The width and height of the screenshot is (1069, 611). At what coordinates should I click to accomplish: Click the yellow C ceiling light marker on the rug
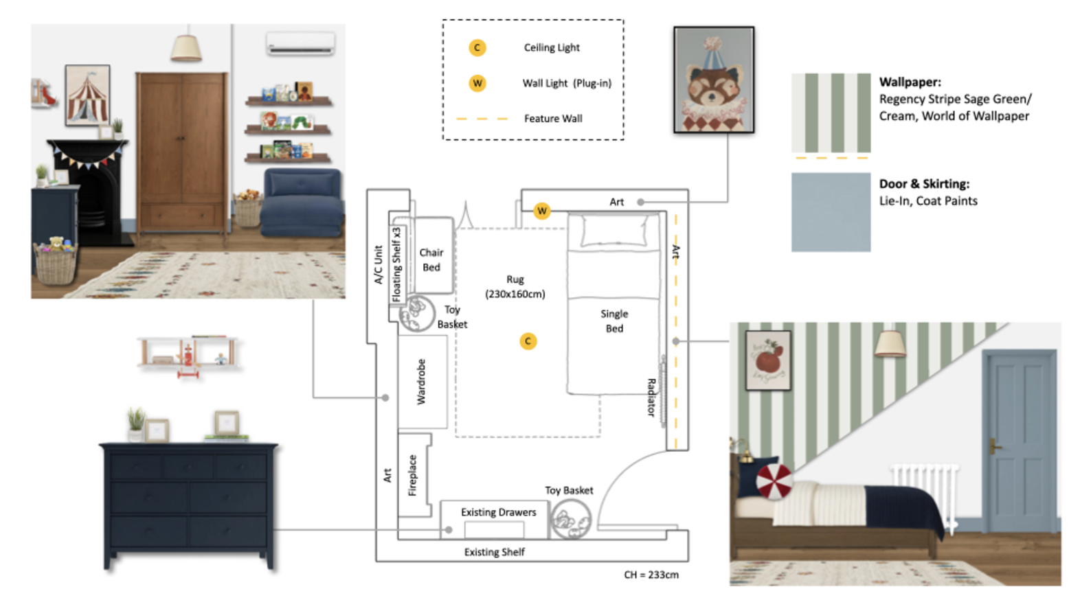[528, 341]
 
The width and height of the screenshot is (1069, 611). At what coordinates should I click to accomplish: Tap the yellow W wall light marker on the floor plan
[541, 210]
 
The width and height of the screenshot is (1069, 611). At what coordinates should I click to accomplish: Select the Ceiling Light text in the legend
[552, 47]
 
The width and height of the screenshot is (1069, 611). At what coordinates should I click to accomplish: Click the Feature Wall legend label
[553, 118]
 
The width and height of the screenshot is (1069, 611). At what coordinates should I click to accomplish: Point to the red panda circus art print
[714, 80]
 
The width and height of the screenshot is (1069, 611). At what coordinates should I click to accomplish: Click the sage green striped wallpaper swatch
[831, 113]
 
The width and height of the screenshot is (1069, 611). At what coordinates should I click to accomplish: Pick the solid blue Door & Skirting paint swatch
[831, 212]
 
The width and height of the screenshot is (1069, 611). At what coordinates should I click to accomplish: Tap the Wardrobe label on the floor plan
[421, 382]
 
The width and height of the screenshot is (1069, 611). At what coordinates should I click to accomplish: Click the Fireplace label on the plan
[412, 475]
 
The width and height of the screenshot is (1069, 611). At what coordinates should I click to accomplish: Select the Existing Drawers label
[498, 512]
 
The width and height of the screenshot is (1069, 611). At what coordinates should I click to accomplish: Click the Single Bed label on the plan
[614, 321]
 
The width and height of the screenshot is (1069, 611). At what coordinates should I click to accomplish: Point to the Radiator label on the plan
[651, 397]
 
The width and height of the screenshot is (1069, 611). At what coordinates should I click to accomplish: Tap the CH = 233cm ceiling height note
[651, 575]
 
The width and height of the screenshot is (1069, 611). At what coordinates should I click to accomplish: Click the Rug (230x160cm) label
[515, 287]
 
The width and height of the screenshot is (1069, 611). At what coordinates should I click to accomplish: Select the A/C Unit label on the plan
[379, 265]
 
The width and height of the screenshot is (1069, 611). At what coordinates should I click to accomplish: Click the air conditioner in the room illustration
[301, 43]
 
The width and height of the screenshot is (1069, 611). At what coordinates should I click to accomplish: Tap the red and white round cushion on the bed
[774, 481]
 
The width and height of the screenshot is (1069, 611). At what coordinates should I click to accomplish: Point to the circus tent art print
[87, 95]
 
